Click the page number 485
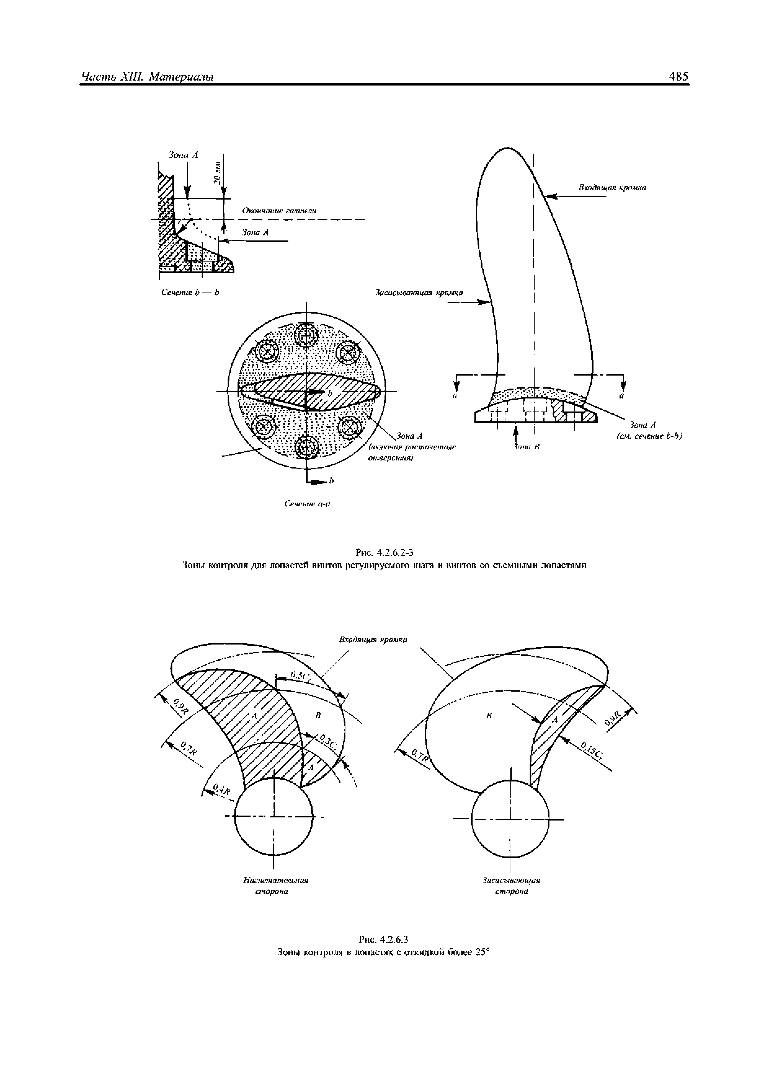[x=678, y=77]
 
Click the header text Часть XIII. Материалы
[x=147, y=77]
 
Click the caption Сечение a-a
[x=307, y=504]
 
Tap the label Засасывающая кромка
[x=419, y=293]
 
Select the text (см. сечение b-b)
[x=649, y=436]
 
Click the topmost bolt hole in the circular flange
[x=307, y=335]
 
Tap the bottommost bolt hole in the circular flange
[x=307, y=447]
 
